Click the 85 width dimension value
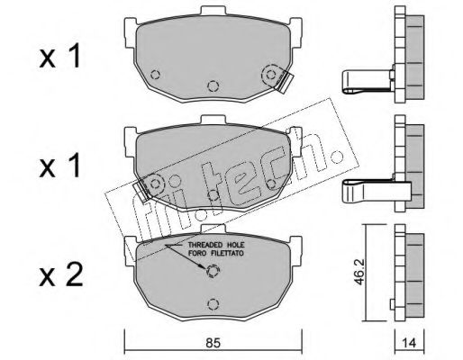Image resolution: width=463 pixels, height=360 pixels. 213,342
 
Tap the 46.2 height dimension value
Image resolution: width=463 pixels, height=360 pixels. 360,272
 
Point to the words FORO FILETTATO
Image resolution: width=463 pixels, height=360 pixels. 216,253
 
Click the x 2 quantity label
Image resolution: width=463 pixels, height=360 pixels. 61,275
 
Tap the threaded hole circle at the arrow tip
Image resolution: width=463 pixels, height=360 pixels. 213,271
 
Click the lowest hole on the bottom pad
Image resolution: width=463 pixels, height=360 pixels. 213,304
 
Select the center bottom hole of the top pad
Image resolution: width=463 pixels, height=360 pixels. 213,86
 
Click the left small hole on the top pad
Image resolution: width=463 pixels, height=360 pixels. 155,74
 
